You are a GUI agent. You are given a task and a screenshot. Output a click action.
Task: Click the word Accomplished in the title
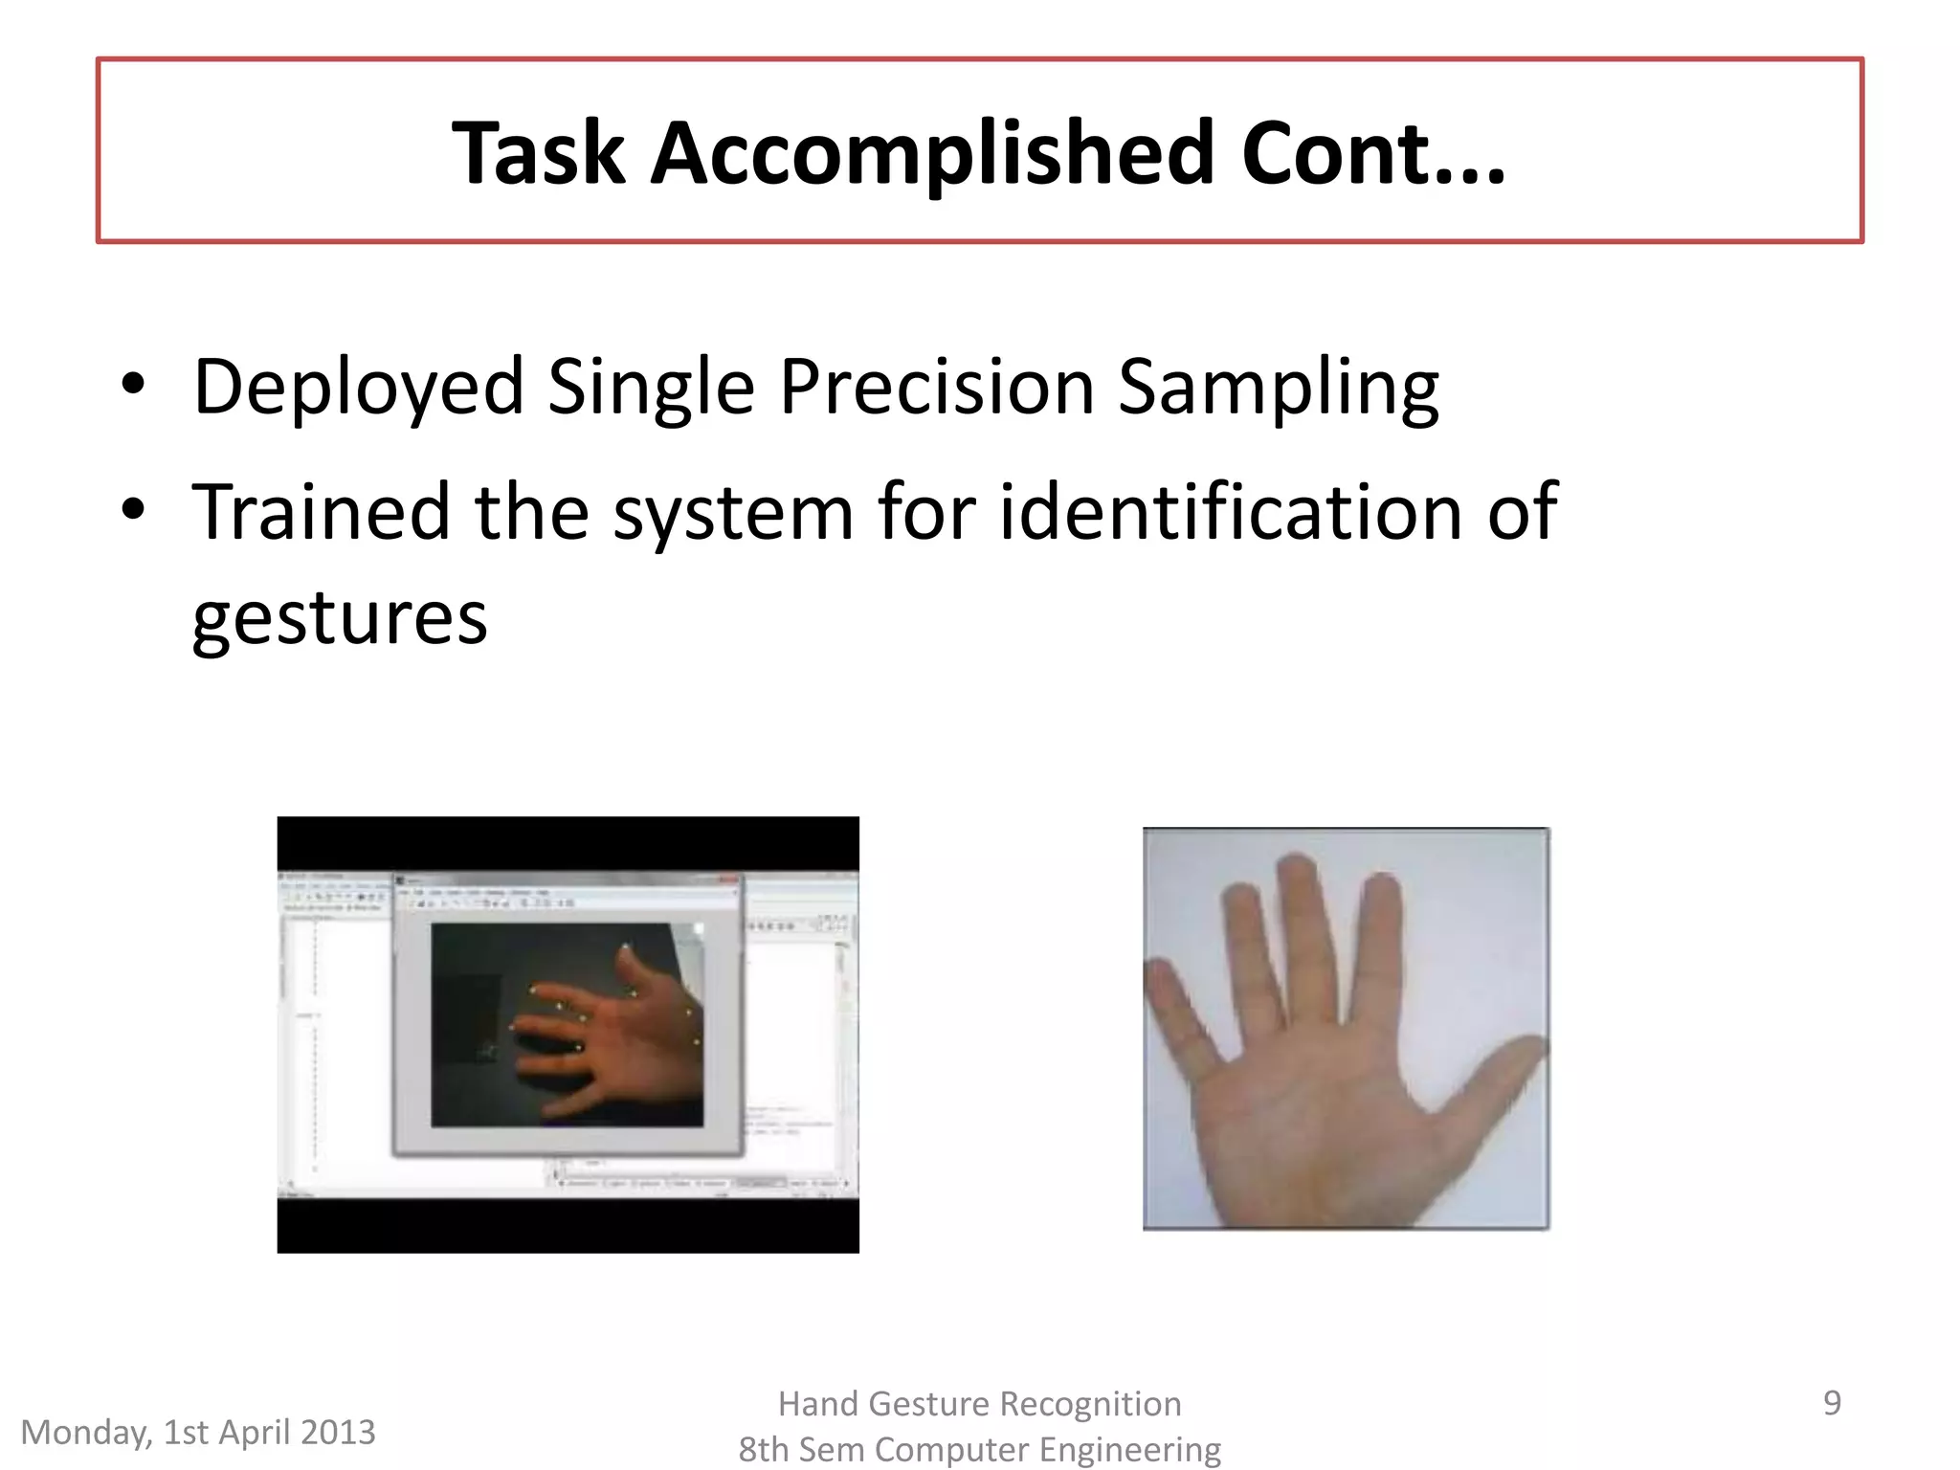[x=932, y=153]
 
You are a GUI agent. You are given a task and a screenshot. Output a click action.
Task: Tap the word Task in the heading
[x=538, y=153]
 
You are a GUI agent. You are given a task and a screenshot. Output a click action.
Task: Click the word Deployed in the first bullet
[x=358, y=388]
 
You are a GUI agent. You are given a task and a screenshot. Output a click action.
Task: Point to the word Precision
[x=936, y=388]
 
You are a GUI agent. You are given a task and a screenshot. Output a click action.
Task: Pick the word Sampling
[x=1278, y=388]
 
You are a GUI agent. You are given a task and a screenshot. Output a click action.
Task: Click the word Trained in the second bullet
[x=321, y=512]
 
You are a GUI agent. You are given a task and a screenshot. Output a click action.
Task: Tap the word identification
[x=1231, y=512]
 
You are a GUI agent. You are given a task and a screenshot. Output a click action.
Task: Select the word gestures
[x=340, y=617]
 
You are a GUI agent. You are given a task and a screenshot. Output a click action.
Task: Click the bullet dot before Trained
[x=133, y=510]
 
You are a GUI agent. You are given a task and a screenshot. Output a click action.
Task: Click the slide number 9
[x=1831, y=1403]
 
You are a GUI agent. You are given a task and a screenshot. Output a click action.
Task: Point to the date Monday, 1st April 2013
[x=198, y=1433]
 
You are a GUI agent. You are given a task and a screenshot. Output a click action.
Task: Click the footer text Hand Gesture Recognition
[x=979, y=1404]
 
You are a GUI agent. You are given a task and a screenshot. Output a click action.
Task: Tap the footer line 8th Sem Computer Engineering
[x=979, y=1450]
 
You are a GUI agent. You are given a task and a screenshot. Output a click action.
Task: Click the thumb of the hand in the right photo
[x=1493, y=1072]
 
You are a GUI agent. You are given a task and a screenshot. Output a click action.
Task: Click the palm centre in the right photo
[x=1340, y=1120]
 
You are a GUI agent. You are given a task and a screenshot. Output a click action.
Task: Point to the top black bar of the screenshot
[x=568, y=842]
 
